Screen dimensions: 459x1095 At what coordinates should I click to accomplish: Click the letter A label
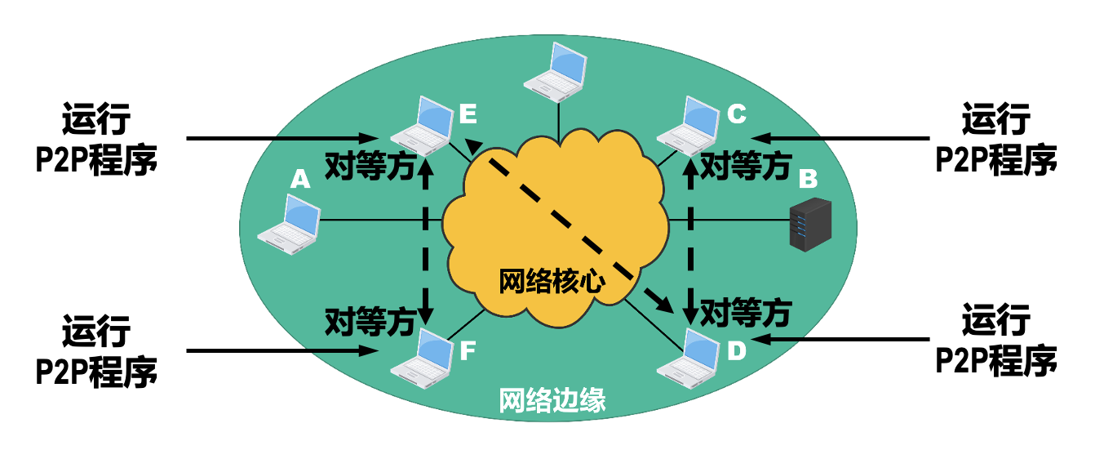tap(301, 178)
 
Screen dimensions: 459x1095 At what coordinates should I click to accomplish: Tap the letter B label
tap(808, 177)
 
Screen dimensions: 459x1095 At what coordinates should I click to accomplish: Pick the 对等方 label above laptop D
tap(747, 311)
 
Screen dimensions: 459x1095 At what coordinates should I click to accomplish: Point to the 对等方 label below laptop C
tap(747, 167)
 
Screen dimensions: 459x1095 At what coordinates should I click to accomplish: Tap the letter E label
tap(468, 114)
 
